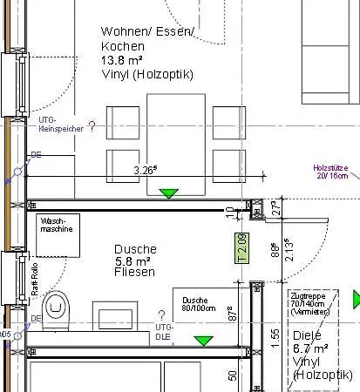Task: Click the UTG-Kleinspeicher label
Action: [x=60, y=123]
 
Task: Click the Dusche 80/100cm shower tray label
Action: [x=194, y=302]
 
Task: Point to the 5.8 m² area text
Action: [x=135, y=260]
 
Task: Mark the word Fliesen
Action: [x=134, y=273]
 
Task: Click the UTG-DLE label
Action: [x=162, y=330]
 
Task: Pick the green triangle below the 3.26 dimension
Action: [x=169, y=193]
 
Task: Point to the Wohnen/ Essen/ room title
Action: [x=148, y=32]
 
